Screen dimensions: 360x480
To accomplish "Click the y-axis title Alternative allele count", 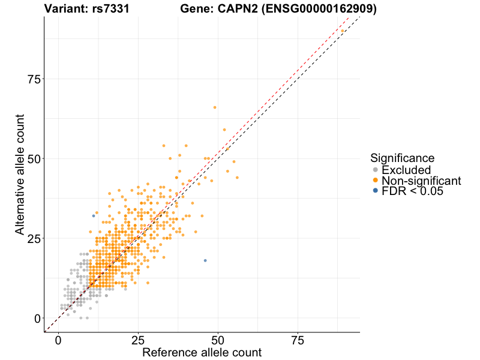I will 20,175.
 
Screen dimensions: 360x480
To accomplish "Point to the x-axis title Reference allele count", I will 202,352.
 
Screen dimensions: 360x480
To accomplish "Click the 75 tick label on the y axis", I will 34,79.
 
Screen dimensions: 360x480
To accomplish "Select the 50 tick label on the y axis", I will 34,158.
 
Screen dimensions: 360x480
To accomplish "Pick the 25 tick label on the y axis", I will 34,238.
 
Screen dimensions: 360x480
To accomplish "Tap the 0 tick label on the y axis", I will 37,318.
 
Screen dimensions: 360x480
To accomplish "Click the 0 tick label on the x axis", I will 58,341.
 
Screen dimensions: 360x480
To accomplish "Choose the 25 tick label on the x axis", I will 138,341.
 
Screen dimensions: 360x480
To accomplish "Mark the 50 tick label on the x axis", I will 218,341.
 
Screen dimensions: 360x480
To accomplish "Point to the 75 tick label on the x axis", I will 298,341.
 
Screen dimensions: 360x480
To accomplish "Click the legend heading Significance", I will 402,158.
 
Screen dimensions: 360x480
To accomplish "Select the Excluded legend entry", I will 406,170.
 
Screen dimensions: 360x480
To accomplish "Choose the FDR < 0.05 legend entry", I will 412,191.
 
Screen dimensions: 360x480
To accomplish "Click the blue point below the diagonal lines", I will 205,260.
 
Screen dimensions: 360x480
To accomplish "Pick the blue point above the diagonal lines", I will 94,216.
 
